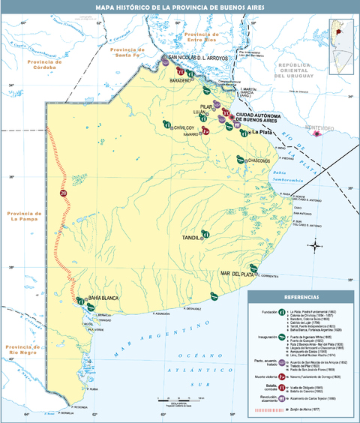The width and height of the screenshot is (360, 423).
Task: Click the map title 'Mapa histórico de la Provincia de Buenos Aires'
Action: click(180, 7)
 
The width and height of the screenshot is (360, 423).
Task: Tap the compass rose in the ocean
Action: click(316, 244)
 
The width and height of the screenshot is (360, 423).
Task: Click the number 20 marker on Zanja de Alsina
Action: click(63, 193)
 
